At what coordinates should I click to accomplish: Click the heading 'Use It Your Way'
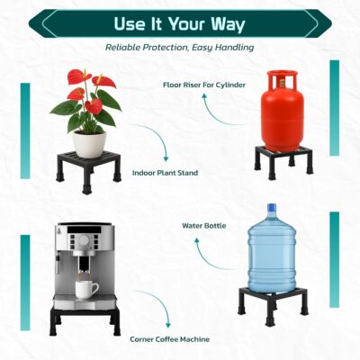(x=180, y=23)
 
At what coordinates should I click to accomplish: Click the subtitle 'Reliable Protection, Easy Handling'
(x=179, y=48)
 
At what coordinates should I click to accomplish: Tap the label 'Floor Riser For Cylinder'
(x=204, y=85)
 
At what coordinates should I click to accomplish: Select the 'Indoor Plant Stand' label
(x=165, y=173)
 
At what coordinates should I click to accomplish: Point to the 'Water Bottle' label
(x=204, y=226)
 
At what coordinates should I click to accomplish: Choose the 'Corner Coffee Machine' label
(x=169, y=339)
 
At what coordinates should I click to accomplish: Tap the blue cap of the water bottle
(x=272, y=207)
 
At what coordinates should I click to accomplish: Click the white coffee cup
(x=86, y=289)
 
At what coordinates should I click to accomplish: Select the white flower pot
(x=90, y=144)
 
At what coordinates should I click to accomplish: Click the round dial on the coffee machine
(x=84, y=240)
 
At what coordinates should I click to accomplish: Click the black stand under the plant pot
(x=88, y=171)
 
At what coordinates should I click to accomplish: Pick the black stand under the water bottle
(x=273, y=304)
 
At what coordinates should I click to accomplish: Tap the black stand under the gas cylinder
(x=283, y=162)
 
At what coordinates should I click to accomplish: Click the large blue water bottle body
(x=271, y=252)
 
